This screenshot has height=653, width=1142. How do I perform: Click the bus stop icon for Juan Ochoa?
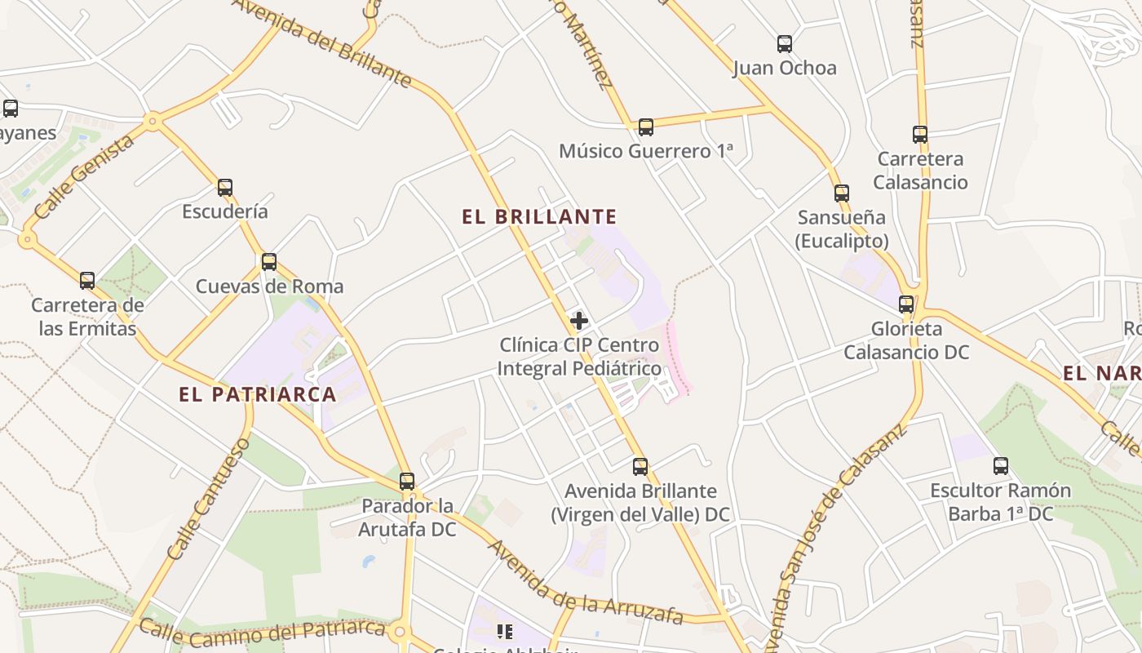pos(785,44)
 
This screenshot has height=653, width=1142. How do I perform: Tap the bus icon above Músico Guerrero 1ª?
pos(646,127)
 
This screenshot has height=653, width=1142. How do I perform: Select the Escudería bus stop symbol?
pos(225,188)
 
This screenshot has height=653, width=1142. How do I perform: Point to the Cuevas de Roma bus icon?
pos(269,263)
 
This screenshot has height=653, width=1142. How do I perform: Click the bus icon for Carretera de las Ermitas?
pos(87,281)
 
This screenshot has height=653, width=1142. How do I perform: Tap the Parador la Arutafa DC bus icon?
pos(407,482)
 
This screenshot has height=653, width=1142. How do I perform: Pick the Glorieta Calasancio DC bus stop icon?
pos(906,304)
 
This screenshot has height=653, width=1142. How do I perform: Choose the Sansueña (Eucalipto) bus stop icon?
pos(842,193)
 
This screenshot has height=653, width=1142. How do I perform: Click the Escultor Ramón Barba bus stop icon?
pos(1001,466)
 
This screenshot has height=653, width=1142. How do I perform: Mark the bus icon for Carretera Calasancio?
pos(920,135)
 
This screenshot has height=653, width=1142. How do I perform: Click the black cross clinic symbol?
pos(579,321)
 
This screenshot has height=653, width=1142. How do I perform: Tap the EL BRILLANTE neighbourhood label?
pos(539,217)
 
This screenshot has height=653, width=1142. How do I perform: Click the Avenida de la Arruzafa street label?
pos(585,582)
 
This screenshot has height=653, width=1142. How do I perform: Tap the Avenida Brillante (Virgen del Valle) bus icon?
pos(640,467)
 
